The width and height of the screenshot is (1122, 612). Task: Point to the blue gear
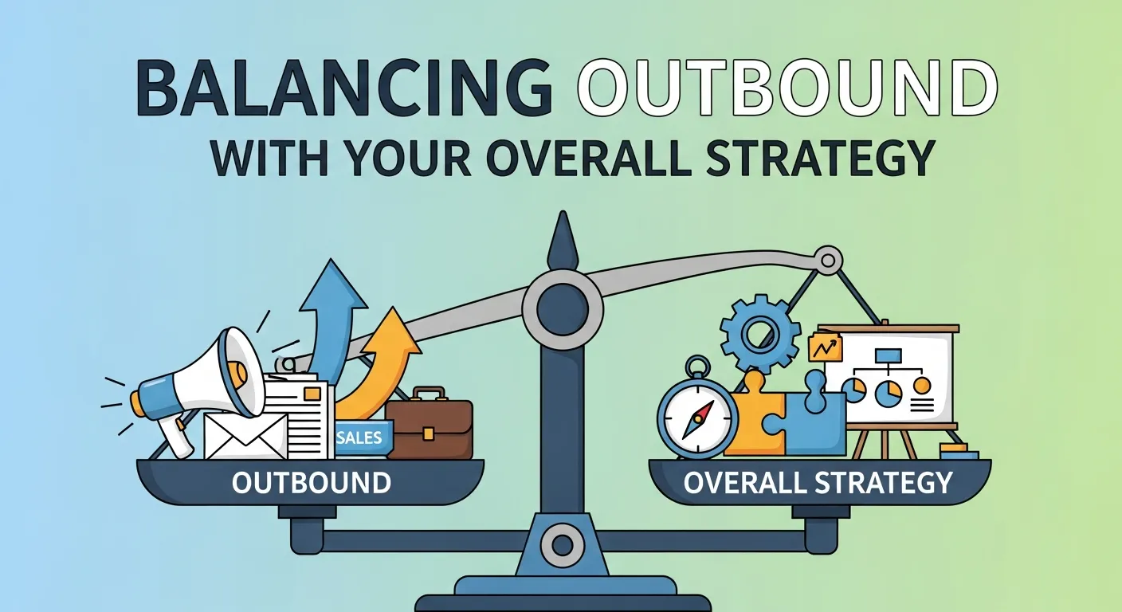pos(760,329)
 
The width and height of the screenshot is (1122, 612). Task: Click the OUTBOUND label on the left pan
pos(311,482)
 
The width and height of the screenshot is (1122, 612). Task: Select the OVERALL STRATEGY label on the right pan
pos(818,482)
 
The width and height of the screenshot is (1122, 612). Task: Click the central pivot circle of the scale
pos(562,308)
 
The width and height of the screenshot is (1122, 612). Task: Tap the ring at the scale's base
pos(562,546)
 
